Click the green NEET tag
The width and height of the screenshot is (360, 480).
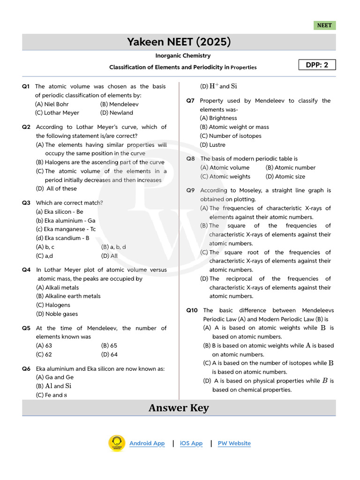324,26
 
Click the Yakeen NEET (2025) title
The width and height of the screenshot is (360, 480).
179,42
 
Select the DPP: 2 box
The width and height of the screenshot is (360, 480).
317,65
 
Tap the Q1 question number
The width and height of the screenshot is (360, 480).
26,86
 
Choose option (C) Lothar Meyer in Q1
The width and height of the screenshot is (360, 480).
57,113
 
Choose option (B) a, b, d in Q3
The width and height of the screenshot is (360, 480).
113,247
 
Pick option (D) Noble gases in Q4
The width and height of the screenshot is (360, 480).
57,314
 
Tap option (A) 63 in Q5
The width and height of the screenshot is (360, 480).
44,345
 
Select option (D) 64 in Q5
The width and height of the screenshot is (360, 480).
109,354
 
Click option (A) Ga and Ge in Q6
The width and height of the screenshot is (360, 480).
55,377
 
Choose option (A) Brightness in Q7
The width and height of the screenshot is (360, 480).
218,118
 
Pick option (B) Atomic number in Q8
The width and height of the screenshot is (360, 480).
291,167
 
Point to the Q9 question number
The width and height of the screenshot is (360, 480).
190,190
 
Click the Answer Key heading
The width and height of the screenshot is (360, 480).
179,408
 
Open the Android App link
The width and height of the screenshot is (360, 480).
147,443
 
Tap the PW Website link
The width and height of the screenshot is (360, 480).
234,443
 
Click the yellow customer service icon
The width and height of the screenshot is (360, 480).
116,443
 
